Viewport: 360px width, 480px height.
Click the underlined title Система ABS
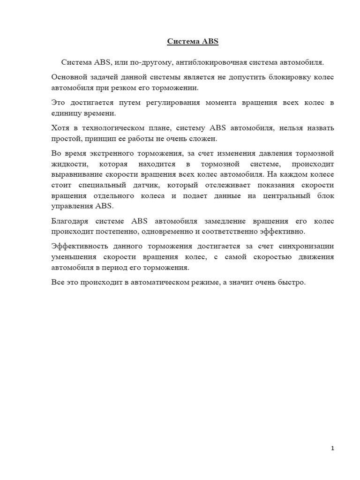[x=193, y=42]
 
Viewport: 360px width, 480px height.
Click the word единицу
[x=67, y=113]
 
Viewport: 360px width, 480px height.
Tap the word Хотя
[x=61, y=128]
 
